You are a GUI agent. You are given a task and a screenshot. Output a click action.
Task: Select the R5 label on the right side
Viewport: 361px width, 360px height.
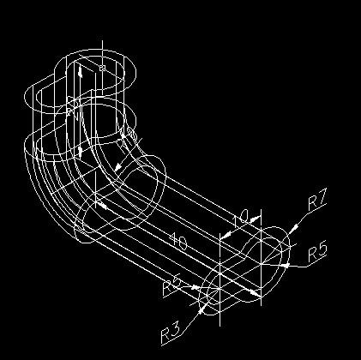[x=318, y=252]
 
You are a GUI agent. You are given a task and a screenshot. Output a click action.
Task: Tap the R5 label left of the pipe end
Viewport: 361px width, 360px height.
[x=171, y=285]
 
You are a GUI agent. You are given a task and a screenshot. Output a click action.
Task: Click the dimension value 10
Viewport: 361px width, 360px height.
[x=240, y=219]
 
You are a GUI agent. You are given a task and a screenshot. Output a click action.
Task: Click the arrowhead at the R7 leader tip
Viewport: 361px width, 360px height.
[x=292, y=228]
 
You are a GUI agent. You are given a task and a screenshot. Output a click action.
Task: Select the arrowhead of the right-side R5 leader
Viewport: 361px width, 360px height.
[x=282, y=266]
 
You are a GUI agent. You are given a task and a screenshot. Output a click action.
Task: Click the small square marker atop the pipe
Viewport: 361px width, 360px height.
[x=102, y=67]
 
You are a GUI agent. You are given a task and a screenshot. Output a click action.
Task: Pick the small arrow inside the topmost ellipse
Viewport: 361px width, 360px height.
[x=80, y=75]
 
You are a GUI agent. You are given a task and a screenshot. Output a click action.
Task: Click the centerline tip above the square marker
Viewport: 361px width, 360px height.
[x=102, y=39]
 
